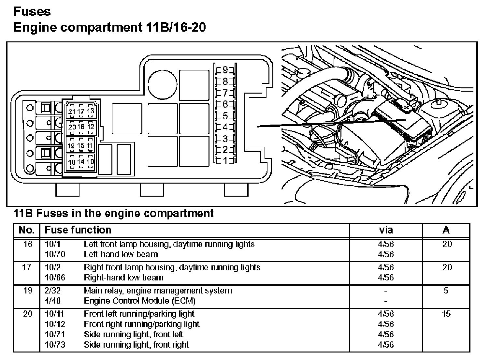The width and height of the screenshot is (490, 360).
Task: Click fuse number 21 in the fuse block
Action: coord(72,112)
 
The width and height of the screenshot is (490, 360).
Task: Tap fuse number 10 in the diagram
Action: coord(90,161)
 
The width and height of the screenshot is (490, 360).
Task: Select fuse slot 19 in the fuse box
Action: coord(71,146)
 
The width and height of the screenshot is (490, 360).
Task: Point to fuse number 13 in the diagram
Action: coord(90,111)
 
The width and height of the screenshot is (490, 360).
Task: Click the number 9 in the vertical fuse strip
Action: coord(225,70)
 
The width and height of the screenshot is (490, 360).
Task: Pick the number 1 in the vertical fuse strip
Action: coord(225,161)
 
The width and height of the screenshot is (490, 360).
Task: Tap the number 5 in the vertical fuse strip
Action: coord(225,116)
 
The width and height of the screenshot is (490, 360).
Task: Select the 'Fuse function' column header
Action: coord(78,230)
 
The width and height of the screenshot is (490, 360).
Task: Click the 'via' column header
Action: coord(386,230)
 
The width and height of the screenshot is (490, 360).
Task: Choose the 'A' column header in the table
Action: coord(446,230)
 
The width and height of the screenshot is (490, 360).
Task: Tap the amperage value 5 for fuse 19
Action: coord(446,291)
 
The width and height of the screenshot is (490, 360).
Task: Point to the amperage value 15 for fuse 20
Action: coord(446,314)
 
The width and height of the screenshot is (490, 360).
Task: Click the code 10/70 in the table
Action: coord(55,254)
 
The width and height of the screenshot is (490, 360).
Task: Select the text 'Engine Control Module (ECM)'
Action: coord(139,301)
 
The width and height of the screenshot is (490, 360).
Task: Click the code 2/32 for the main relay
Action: coord(52,291)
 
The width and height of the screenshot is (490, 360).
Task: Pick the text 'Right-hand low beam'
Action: coord(123,277)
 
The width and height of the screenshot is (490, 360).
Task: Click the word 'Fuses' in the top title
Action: coord(32,12)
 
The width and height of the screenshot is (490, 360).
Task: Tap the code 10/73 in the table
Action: coord(55,344)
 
